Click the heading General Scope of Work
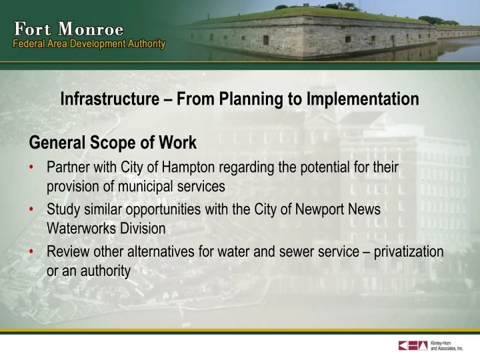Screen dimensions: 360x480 click(x=112, y=143)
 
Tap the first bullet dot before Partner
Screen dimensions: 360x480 click(x=32, y=167)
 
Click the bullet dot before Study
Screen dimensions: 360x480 click(x=32, y=209)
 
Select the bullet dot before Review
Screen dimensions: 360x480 click(x=32, y=251)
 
